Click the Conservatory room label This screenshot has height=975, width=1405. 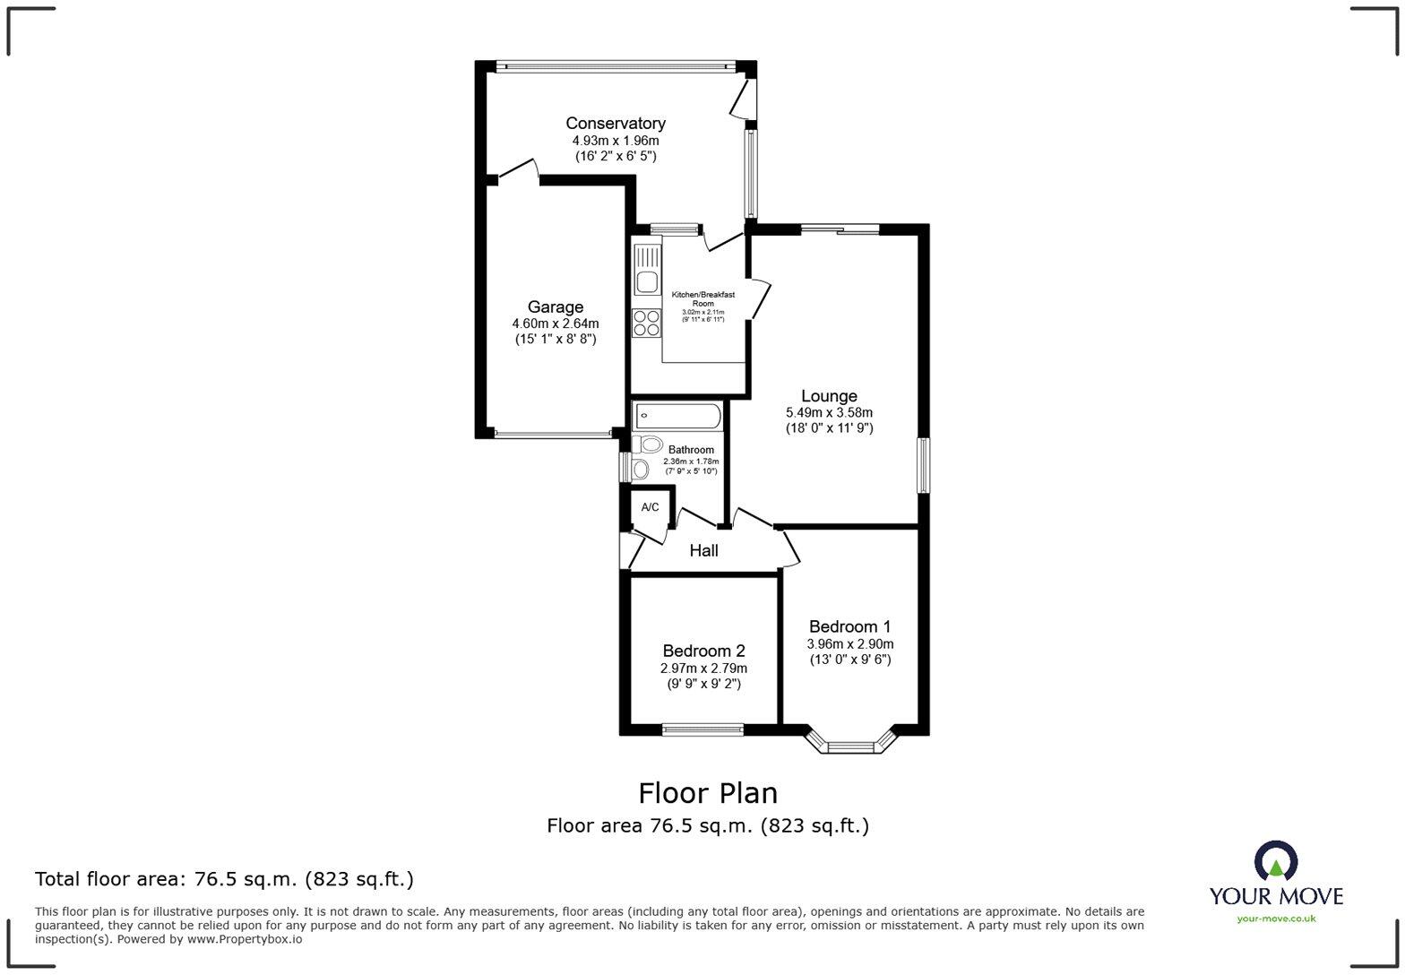point(616,123)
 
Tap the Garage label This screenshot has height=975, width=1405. point(556,306)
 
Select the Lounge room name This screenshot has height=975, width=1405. point(829,396)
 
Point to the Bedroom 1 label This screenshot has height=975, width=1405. point(849,626)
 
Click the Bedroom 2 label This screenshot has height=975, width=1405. point(703,651)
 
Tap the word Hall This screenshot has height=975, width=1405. point(703,551)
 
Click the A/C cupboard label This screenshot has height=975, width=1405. point(650,507)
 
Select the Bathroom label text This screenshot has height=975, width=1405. point(691,450)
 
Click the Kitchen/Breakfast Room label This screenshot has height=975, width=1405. point(703,298)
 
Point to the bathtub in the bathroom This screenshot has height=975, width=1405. point(677,416)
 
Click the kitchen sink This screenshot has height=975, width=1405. point(647,270)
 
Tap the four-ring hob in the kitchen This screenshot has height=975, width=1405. point(647,324)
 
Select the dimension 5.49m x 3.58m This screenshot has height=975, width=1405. point(829,413)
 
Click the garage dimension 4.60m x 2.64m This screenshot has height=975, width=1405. point(556,324)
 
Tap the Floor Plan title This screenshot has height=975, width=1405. point(708,793)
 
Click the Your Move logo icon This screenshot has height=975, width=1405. point(1276,861)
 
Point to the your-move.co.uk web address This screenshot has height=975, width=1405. point(1276,919)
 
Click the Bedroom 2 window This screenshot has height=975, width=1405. point(703,729)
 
